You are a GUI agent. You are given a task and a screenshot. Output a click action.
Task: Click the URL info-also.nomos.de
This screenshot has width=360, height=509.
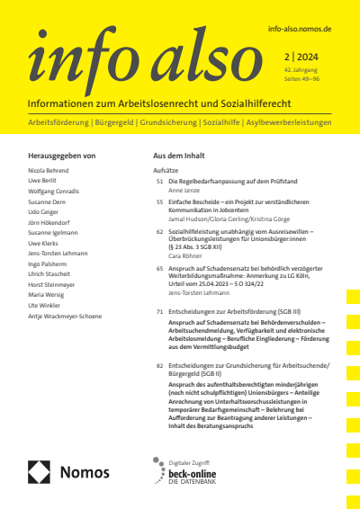tap(300, 30)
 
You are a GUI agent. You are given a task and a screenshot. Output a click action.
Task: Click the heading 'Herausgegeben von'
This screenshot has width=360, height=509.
tap(62, 156)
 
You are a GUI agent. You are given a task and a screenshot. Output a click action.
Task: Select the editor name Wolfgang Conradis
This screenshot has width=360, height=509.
tap(57, 189)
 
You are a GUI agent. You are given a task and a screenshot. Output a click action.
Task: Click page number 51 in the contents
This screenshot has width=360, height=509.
tap(159, 182)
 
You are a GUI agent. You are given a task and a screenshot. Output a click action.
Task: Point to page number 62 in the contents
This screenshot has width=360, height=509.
tap(159, 232)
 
